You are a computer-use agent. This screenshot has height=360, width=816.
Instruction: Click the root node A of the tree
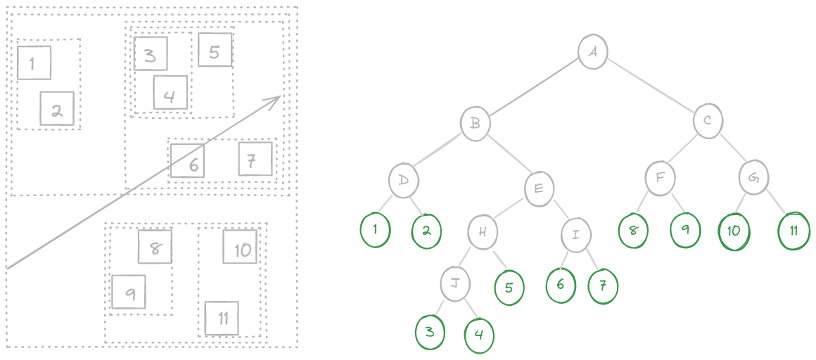pyautogui.click(x=593, y=51)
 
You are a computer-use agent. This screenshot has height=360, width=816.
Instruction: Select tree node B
pyautogui.click(x=475, y=124)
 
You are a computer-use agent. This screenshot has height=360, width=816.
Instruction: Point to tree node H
pyautogui.click(x=483, y=232)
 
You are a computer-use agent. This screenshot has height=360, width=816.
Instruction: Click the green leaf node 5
pyautogui.click(x=509, y=287)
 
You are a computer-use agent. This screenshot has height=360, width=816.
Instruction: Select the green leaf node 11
pyautogui.click(x=794, y=231)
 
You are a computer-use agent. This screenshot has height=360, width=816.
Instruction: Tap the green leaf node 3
pyautogui.click(x=430, y=332)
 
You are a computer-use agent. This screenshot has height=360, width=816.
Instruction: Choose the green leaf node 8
pyautogui.click(x=633, y=229)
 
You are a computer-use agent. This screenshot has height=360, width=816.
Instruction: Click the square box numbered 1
pyautogui.click(x=34, y=63)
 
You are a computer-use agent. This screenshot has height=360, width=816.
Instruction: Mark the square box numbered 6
pyautogui.click(x=187, y=161)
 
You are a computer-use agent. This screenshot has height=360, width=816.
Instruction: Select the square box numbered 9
pyautogui.click(x=128, y=292)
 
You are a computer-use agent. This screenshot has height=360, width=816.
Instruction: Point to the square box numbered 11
pyautogui.click(x=222, y=319)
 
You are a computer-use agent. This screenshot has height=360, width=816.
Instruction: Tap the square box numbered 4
pyautogui.click(x=170, y=93)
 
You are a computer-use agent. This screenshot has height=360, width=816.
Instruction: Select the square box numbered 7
pyautogui.click(x=255, y=159)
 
